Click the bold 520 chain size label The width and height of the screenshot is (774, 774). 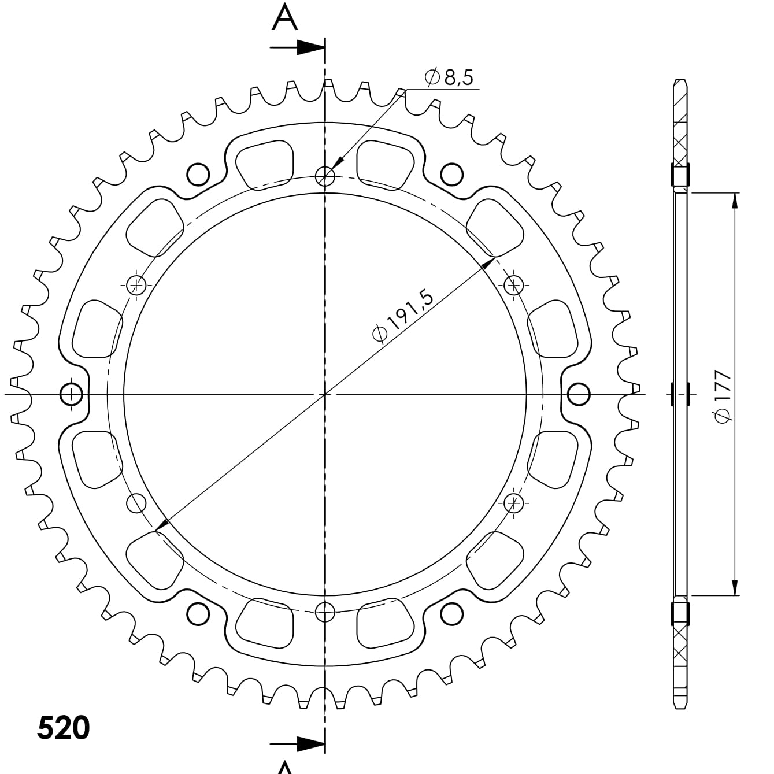coord(64,728)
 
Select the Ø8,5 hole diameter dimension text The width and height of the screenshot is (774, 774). coord(449,77)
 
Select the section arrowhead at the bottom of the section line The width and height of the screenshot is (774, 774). coord(309,743)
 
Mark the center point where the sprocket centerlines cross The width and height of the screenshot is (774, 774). coord(326,394)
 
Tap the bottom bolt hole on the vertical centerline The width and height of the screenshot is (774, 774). coord(326,611)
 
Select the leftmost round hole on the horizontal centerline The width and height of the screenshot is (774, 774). coord(72,394)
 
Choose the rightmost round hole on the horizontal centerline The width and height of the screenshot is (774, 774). coord(579,394)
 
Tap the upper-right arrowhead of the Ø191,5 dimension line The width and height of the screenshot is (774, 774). coord(488,263)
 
